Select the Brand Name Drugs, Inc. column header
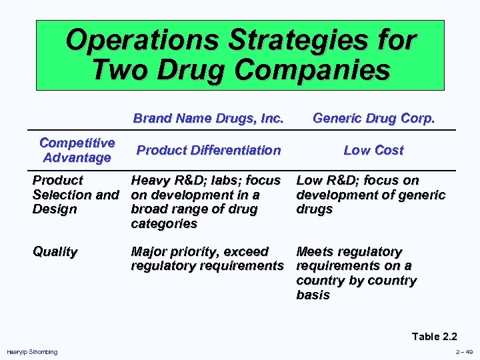pyautogui.click(x=208, y=119)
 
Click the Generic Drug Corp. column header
pyautogui.click(x=373, y=119)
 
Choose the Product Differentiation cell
pyautogui.click(x=208, y=150)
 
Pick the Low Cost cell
pyautogui.click(x=373, y=150)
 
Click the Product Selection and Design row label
pyautogui.click(x=75, y=195)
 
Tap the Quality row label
pyautogui.click(x=55, y=251)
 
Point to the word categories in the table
pyautogui.click(x=164, y=224)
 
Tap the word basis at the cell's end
pyautogui.click(x=313, y=295)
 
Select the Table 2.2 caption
pyautogui.click(x=435, y=336)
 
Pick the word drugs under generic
pyautogui.click(x=314, y=209)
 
